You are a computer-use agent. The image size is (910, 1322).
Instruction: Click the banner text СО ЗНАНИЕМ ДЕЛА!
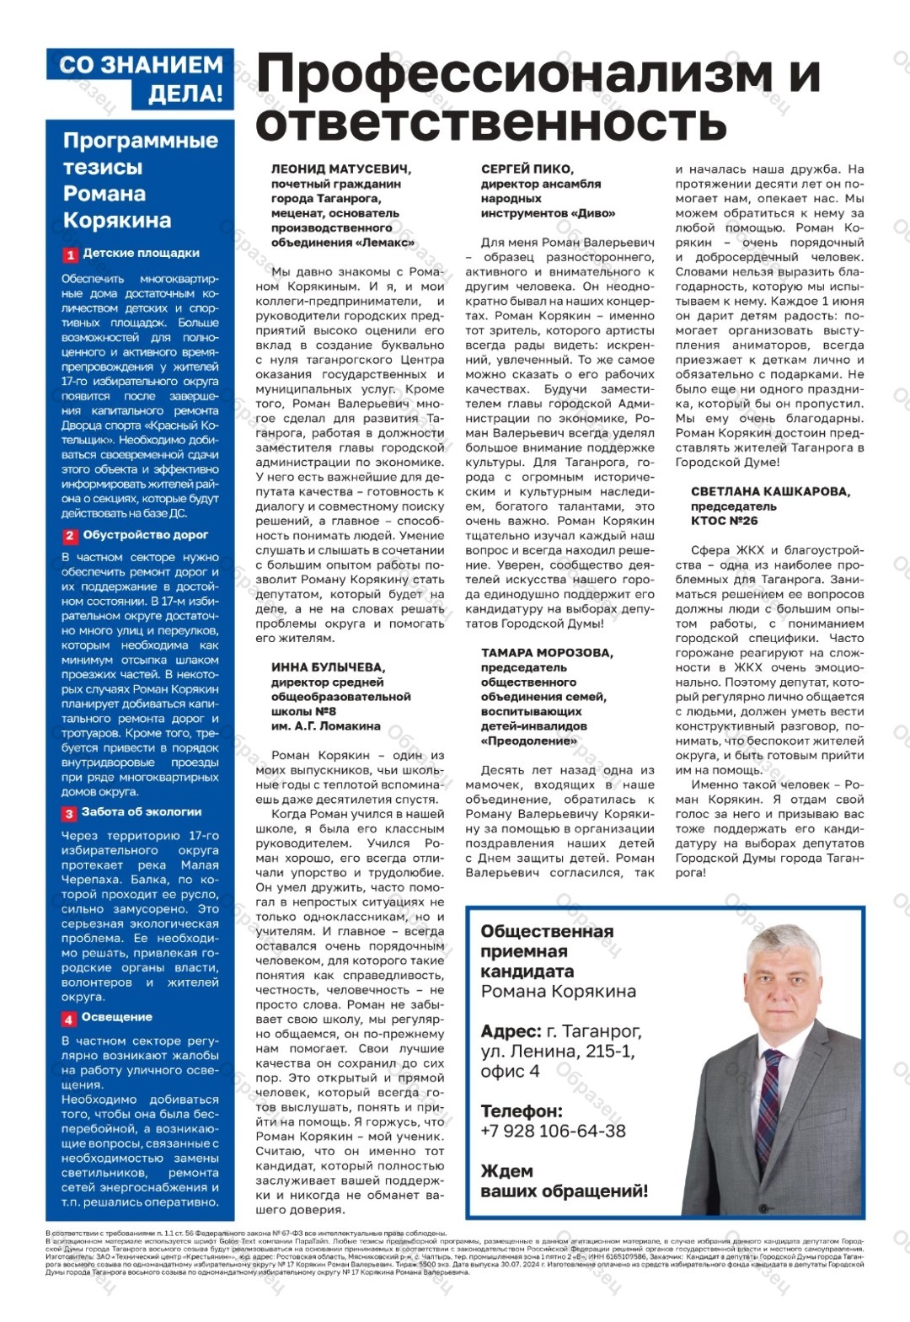(x=142, y=78)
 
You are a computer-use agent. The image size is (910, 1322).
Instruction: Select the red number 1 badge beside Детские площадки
(x=71, y=254)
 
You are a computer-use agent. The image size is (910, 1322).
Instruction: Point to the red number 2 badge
(x=71, y=536)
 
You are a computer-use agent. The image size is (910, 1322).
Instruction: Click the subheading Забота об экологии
(x=142, y=812)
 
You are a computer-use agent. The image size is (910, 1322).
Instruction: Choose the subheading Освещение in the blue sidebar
(x=116, y=1017)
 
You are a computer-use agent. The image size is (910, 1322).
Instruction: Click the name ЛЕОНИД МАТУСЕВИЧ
(x=340, y=169)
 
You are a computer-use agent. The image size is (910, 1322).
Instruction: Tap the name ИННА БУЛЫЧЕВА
(x=328, y=667)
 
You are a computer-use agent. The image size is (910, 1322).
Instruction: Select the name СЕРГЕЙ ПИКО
(x=527, y=169)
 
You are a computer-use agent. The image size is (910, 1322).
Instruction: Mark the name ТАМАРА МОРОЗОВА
(x=547, y=653)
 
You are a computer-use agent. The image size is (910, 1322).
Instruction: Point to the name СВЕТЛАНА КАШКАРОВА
(x=770, y=492)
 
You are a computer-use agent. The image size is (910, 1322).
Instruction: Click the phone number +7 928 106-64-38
(x=553, y=1131)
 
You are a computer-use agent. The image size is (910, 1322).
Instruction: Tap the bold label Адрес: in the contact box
(x=511, y=1031)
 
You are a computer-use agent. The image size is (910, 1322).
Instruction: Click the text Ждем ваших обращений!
(x=564, y=1181)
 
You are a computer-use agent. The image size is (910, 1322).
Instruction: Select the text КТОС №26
(x=724, y=521)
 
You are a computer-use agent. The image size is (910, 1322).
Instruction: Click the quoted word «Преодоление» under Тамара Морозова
(x=528, y=741)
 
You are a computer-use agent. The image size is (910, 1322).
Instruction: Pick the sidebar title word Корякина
(x=117, y=221)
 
